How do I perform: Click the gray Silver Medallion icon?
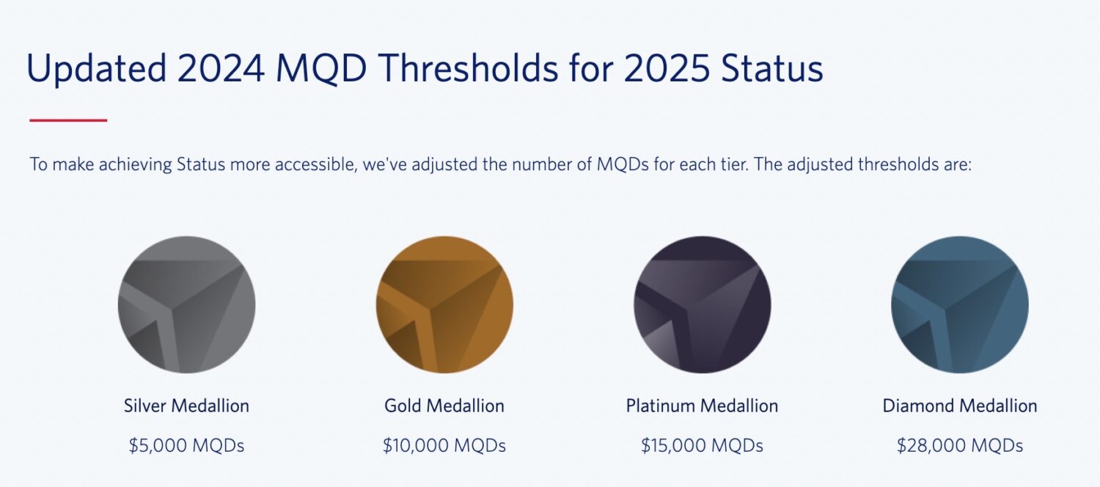pos(186,304)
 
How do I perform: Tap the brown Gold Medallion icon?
pos(444,304)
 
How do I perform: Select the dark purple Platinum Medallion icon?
pos(702,304)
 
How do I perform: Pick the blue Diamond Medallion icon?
pos(959,304)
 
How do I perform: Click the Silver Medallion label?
pos(186,406)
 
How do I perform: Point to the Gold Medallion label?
pos(444,406)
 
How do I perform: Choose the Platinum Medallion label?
pos(702,406)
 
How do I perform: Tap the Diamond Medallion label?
pos(959,406)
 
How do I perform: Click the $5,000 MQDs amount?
pos(186,446)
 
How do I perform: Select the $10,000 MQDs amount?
pos(444,446)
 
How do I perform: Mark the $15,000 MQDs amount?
pos(702,446)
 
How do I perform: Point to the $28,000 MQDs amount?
pos(959,446)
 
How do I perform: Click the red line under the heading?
pos(68,120)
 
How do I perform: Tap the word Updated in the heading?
pos(96,69)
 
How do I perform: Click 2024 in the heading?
pos(221,69)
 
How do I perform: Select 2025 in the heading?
pos(665,69)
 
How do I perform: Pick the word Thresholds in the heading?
pos(472,69)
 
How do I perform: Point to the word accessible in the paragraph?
pos(315,164)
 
